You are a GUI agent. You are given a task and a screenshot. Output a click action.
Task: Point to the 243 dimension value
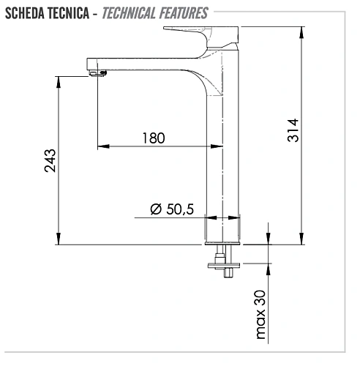[x=50, y=160]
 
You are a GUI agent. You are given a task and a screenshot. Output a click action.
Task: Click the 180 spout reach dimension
[x=154, y=138]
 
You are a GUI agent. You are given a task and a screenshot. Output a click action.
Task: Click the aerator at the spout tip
[x=98, y=72]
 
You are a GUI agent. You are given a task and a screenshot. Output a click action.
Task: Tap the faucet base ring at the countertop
[x=223, y=242]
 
